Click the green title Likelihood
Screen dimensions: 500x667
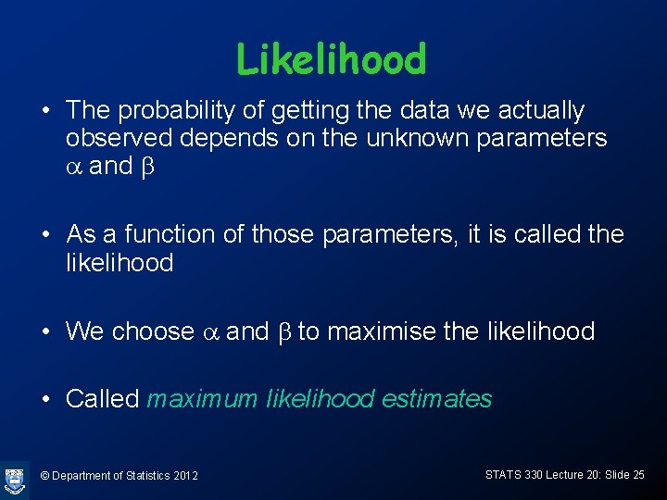point(331,59)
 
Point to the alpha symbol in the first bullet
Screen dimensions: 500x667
point(74,169)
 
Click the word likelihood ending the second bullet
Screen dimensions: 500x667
point(120,263)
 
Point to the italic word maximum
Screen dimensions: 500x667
point(202,399)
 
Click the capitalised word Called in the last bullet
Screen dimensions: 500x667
point(103,399)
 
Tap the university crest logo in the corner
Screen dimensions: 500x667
point(15,478)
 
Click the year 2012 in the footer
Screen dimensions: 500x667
point(185,476)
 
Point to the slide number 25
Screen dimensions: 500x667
point(636,474)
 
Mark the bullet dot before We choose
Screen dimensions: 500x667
point(44,331)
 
